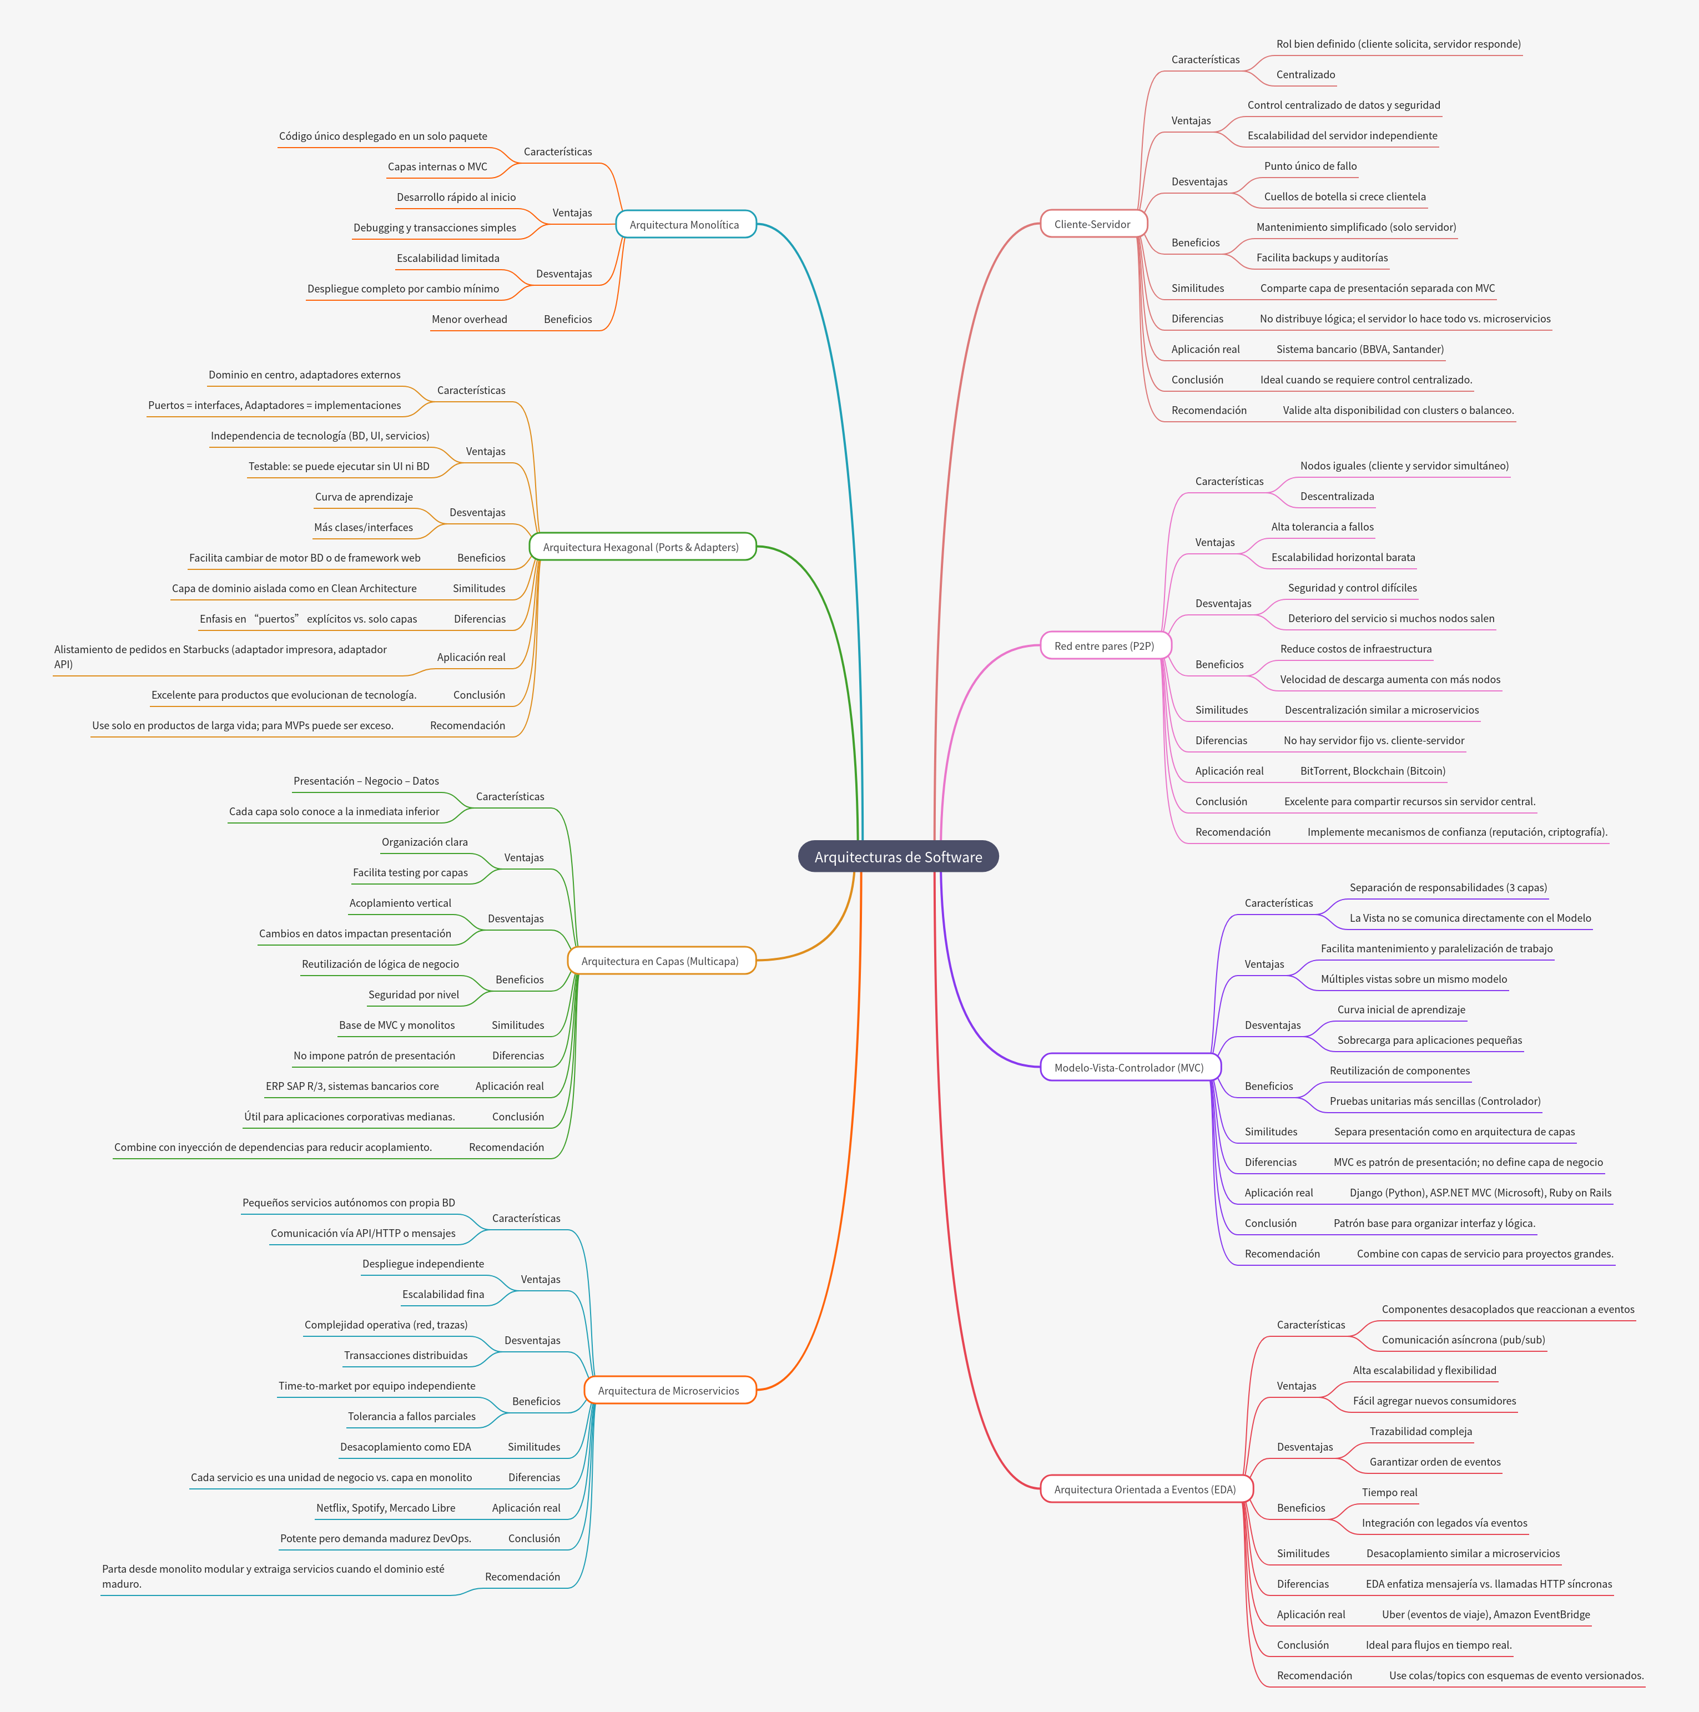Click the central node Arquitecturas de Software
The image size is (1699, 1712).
(x=898, y=857)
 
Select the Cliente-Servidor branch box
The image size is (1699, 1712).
(x=1093, y=224)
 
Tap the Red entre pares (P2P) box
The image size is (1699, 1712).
(x=1105, y=646)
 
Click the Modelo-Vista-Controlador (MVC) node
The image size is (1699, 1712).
(x=1129, y=1068)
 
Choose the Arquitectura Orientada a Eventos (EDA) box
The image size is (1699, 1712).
(x=1145, y=1489)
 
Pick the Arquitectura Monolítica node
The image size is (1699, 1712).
(x=684, y=225)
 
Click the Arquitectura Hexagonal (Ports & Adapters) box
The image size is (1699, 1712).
(x=641, y=548)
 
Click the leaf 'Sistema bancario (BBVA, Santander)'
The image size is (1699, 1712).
(x=1359, y=349)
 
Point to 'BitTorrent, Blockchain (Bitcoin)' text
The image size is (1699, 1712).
(x=1373, y=771)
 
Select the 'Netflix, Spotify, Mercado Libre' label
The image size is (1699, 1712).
(x=386, y=1508)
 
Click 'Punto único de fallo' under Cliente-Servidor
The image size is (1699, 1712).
(x=1310, y=166)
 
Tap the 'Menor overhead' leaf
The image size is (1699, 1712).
(x=469, y=320)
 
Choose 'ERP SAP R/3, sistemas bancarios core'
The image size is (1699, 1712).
(x=352, y=1087)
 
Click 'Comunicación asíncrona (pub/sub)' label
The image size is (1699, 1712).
(x=1463, y=1340)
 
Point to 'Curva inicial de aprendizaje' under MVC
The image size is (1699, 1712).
(x=1401, y=1010)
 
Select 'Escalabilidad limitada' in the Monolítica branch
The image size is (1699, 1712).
(x=447, y=259)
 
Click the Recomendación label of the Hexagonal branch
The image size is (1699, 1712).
(x=467, y=726)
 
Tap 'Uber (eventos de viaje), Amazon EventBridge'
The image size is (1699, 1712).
(x=1485, y=1614)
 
